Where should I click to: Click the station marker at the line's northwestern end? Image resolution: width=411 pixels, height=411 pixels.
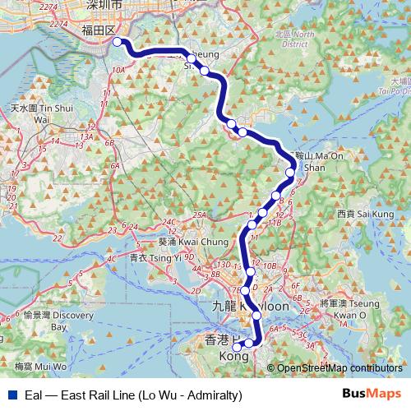pyautogui.click(x=117, y=41)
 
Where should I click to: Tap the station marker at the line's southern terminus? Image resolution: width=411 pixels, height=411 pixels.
pyautogui.click(x=237, y=347)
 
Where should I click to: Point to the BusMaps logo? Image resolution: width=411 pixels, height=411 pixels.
pyautogui.click(x=372, y=395)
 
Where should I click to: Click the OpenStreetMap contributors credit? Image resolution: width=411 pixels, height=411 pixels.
pyautogui.click(x=338, y=369)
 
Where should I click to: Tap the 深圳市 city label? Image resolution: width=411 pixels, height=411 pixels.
pyautogui.click(x=104, y=5)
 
